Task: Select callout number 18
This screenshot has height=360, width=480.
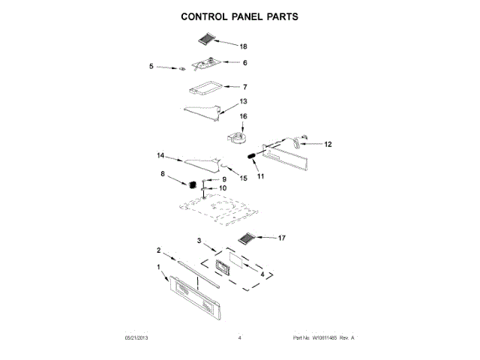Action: (x=242, y=46)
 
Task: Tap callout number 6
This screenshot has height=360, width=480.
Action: (x=244, y=63)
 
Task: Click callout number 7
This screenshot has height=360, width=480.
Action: (x=244, y=87)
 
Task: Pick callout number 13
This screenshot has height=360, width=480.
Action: (x=242, y=101)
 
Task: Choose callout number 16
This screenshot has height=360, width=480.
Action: (x=242, y=117)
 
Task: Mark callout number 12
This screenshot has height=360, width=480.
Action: (x=327, y=145)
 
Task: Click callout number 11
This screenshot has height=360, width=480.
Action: (x=261, y=177)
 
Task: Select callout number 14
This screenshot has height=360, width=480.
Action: (x=160, y=156)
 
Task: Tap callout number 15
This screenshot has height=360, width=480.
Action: (x=242, y=178)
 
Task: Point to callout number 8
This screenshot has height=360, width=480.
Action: (x=163, y=174)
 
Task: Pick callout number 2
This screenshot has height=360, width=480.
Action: (x=158, y=250)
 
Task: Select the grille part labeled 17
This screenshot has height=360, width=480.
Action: (x=247, y=239)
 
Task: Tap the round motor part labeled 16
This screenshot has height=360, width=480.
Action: (x=238, y=138)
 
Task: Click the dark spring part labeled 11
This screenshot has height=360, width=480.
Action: (x=251, y=154)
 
